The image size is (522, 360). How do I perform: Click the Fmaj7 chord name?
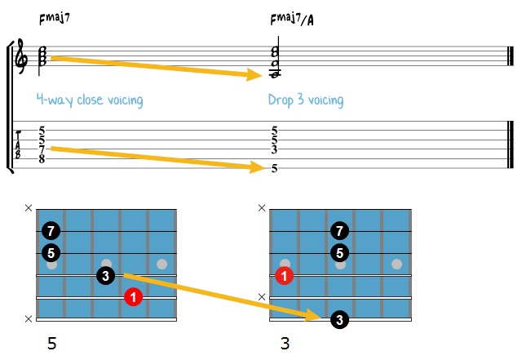51,18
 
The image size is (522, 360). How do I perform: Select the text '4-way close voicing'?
90,100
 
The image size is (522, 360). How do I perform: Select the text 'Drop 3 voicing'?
305,100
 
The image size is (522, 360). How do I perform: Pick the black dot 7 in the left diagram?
51,231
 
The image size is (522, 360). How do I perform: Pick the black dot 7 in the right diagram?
339,231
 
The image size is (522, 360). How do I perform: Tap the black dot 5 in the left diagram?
51,253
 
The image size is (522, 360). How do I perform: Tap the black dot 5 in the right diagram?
339,253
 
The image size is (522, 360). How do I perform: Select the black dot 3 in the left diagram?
105,276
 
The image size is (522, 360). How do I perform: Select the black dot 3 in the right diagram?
338,321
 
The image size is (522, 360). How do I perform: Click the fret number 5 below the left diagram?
52,344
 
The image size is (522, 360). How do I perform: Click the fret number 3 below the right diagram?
285,344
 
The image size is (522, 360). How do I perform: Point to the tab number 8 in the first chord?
41,158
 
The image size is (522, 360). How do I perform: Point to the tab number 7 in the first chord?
41,149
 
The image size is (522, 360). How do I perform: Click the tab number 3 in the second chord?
275,149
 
